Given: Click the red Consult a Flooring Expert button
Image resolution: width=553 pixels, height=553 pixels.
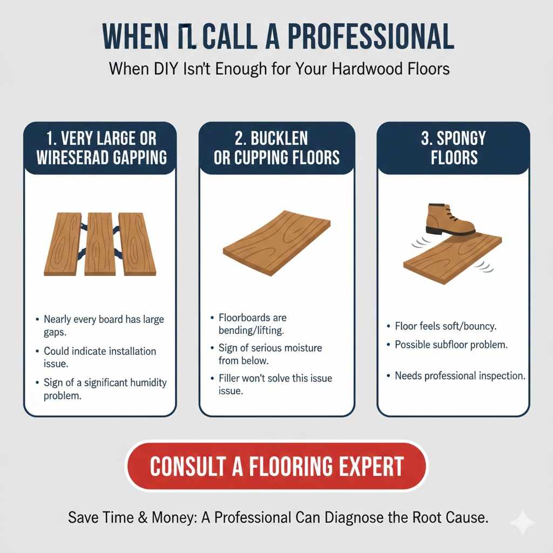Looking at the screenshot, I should pos(276,466).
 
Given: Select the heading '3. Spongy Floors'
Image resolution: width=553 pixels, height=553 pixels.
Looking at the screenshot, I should pos(453,147).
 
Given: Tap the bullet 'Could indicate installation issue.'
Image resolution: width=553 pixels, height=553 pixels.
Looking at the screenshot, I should pos(100,357).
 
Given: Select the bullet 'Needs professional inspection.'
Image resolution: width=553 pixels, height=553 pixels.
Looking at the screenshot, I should pos(460,375).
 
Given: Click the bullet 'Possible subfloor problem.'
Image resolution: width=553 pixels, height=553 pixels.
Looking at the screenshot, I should pos(451,345).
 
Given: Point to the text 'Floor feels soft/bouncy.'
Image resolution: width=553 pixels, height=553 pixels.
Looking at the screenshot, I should pos(446,326).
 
